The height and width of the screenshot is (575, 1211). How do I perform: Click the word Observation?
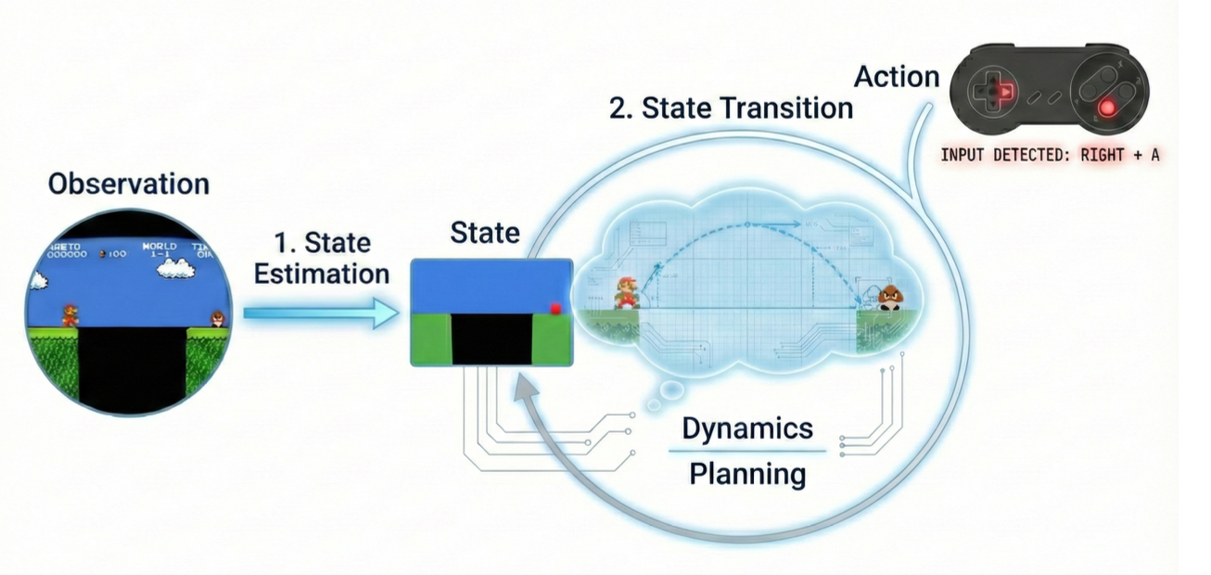pyautogui.click(x=128, y=184)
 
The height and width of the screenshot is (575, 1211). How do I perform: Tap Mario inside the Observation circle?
pyautogui.click(x=70, y=314)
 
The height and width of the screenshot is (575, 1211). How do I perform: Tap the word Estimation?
pyautogui.click(x=322, y=274)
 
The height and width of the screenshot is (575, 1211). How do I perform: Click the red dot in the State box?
pyautogui.click(x=556, y=308)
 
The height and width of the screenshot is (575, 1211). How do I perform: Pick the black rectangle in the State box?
pyautogui.click(x=491, y=339)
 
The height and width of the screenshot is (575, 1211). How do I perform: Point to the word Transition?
pyautogui.click(x=786, y=108)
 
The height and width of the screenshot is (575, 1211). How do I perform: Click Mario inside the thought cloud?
pyautogui.click(x=628, y=291)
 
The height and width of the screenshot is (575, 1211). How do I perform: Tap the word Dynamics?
pyautogui.click(x=747, y=428)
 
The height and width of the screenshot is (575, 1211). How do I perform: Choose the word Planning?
pyautogui.click(x=747, y=474)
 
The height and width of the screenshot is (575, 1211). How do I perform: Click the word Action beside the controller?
pyautogui.click(x=897, y=77)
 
